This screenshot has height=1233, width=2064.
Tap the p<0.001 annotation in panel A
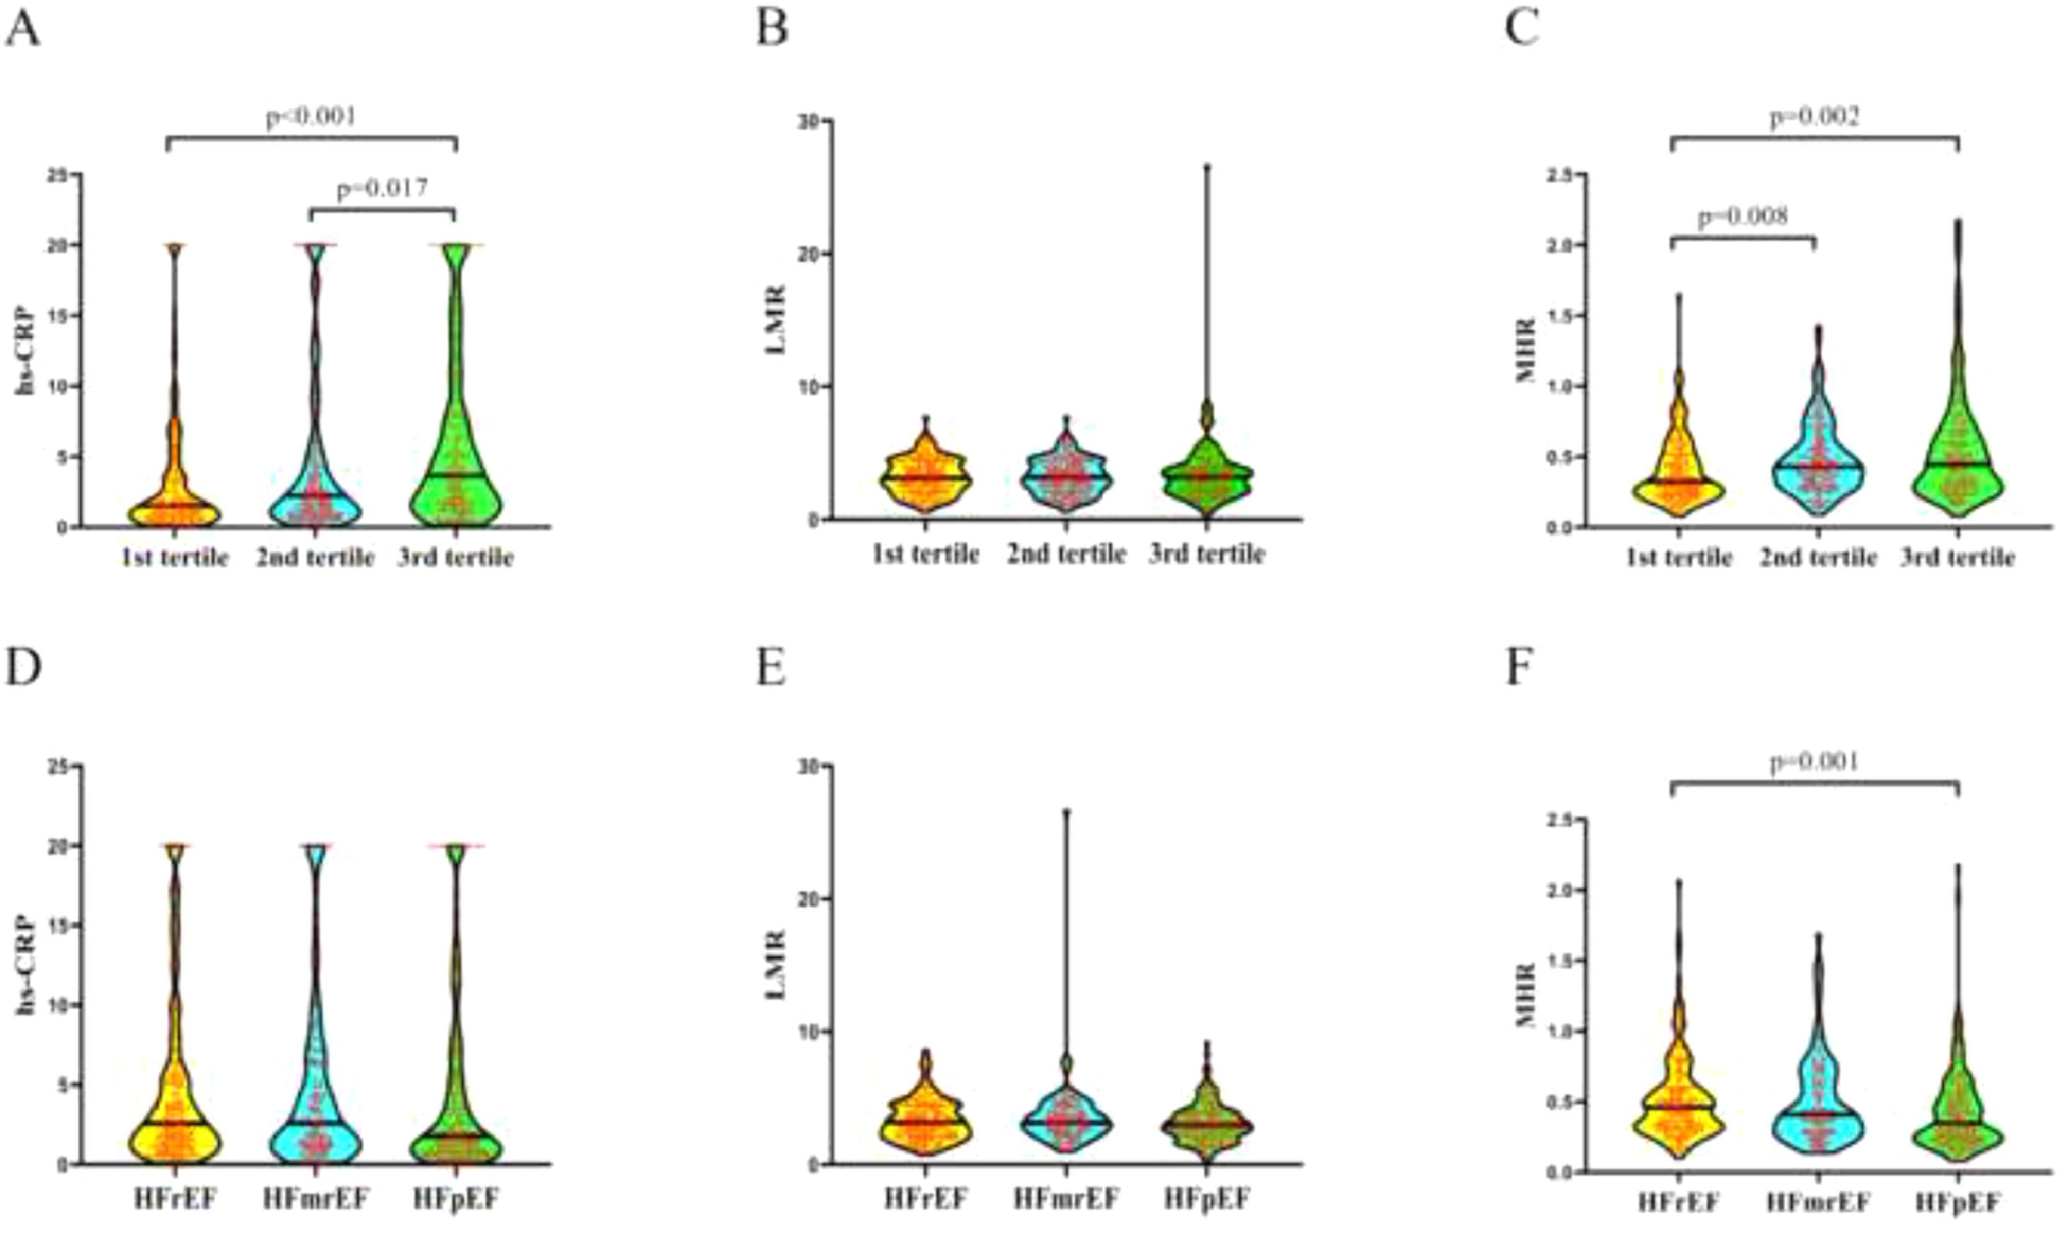point(311,116)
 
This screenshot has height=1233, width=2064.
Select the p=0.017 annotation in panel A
point(382,188)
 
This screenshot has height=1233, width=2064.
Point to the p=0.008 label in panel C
point(1742,218)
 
